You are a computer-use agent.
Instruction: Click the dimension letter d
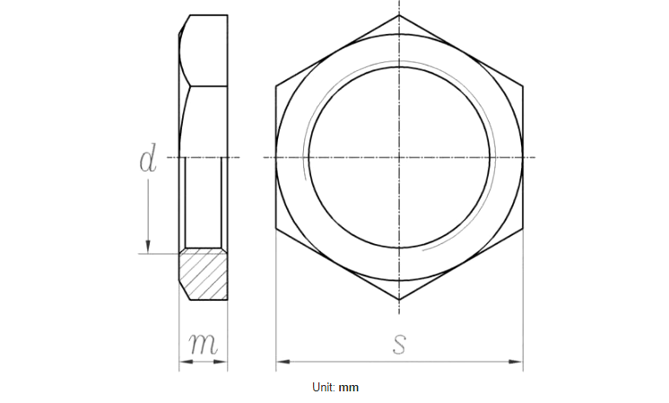[x=148, y=159]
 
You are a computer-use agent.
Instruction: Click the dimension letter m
[x=203, y=344]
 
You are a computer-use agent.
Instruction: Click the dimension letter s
[x=400, y=343]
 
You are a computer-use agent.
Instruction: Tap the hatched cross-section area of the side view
[x=203, y=273]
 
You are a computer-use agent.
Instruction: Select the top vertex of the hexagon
[x=399, y=15]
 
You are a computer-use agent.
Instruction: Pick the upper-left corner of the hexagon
[x=276, y=86]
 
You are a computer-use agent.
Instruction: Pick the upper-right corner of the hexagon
[x=522, y=86]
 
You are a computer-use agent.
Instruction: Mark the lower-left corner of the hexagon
[x=276, y=229]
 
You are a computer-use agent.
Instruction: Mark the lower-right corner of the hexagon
[x=522, y=229]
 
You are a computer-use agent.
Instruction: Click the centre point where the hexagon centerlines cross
[x=399, y=158]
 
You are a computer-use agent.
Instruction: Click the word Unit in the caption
[x=323, y=387]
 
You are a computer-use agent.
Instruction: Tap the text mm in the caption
[x=349, y=387]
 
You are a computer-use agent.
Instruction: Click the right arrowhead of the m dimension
[x=223, y=363]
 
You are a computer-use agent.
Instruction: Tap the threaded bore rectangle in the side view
[x=203, y=203]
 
